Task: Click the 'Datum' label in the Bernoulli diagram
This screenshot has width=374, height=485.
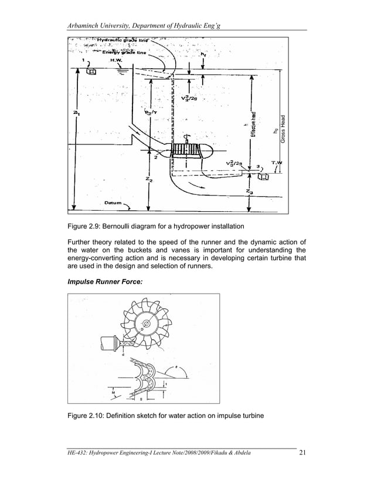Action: pos(113,203)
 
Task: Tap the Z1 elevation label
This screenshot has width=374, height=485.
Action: pos(77,113)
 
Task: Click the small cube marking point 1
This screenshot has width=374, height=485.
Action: pos(91,72)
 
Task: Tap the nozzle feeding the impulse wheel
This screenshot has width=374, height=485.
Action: pos(108,343)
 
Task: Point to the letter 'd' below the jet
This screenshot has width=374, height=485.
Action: pos(123,355)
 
